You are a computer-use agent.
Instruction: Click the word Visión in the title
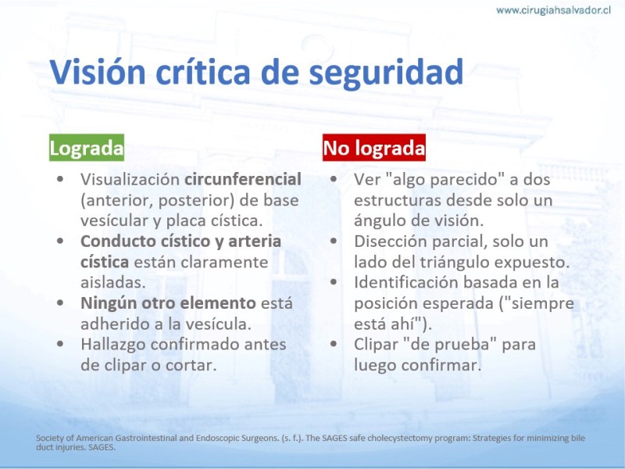pyautogui.click(x=97, y=72)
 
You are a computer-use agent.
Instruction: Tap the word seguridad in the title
pyautogui.click(x=386, y=73)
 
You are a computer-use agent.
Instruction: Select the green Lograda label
pyautogui.click(x=87, y=148)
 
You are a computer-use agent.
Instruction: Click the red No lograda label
pyautogui.click(x=374, y=148)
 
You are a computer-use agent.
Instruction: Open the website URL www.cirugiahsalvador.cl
pyautogui.click(x=553, y=10)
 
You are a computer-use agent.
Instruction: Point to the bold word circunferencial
pyautogui.click(x=243, y=180)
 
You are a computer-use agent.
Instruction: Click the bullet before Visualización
pyautogui.click(x=60, y=180)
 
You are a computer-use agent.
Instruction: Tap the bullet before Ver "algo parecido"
pyautogui.click(x=334, y=180)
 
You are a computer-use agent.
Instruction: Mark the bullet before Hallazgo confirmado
pyautogui.click(x=60, y=344)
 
